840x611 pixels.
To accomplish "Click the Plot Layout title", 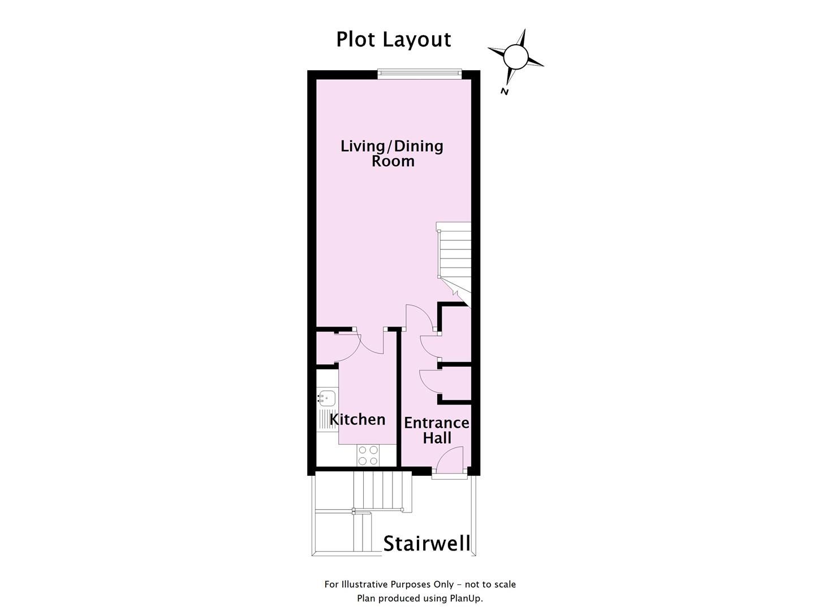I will [393, 40].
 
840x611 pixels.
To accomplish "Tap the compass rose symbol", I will [515, 57].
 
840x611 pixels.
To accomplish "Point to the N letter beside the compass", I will [505, 92].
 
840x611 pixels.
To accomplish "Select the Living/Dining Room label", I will [392, 153].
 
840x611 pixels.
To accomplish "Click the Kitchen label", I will [357, 420].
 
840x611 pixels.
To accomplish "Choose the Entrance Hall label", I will [436, 431].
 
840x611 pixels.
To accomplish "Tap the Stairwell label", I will [427, 544].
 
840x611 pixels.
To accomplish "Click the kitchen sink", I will [326, 397].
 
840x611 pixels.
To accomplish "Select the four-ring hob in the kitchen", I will [368, 455].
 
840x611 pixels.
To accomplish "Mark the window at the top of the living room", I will [420, 72].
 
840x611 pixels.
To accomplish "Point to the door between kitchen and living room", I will [371, 343].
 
